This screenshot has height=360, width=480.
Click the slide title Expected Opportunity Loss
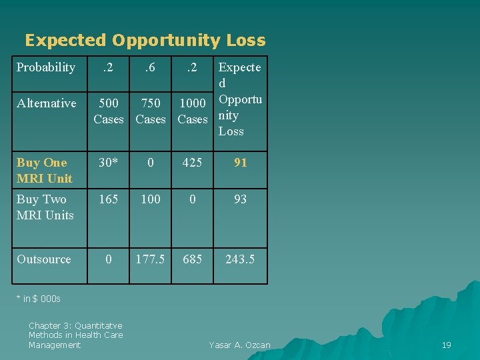(x=145, y=41)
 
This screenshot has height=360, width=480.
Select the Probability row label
(x=46, y=67)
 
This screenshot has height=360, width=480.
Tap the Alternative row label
(x=47, y=103)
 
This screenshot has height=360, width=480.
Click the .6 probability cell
(x=151, y=67)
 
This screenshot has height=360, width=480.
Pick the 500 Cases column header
(x=109, y=111)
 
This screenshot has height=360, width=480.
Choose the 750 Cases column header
(x=151, y=111)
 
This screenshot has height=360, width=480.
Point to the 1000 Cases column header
(x=193, y=111)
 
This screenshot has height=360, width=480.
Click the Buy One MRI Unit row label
(x=45, y=171)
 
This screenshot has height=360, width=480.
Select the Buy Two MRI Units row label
(x=45, y=207)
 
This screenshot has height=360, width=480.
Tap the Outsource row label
(x=44, y=259)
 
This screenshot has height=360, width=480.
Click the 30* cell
(x=109, y=163)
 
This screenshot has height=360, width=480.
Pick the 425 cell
(x=193, y=163)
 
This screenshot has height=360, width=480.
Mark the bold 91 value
(x=241, y=163)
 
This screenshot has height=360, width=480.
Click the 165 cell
(x=109, y=199)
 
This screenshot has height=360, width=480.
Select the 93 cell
(x=241, y=199)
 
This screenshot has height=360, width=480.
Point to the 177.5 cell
(x=151, y=259)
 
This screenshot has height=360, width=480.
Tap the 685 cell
(x=193, y=259)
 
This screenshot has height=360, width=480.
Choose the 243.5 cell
(x=240, y=259)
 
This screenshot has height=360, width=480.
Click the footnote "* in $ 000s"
(x=38, y=299)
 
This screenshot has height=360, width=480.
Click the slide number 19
(x=447, y=345)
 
